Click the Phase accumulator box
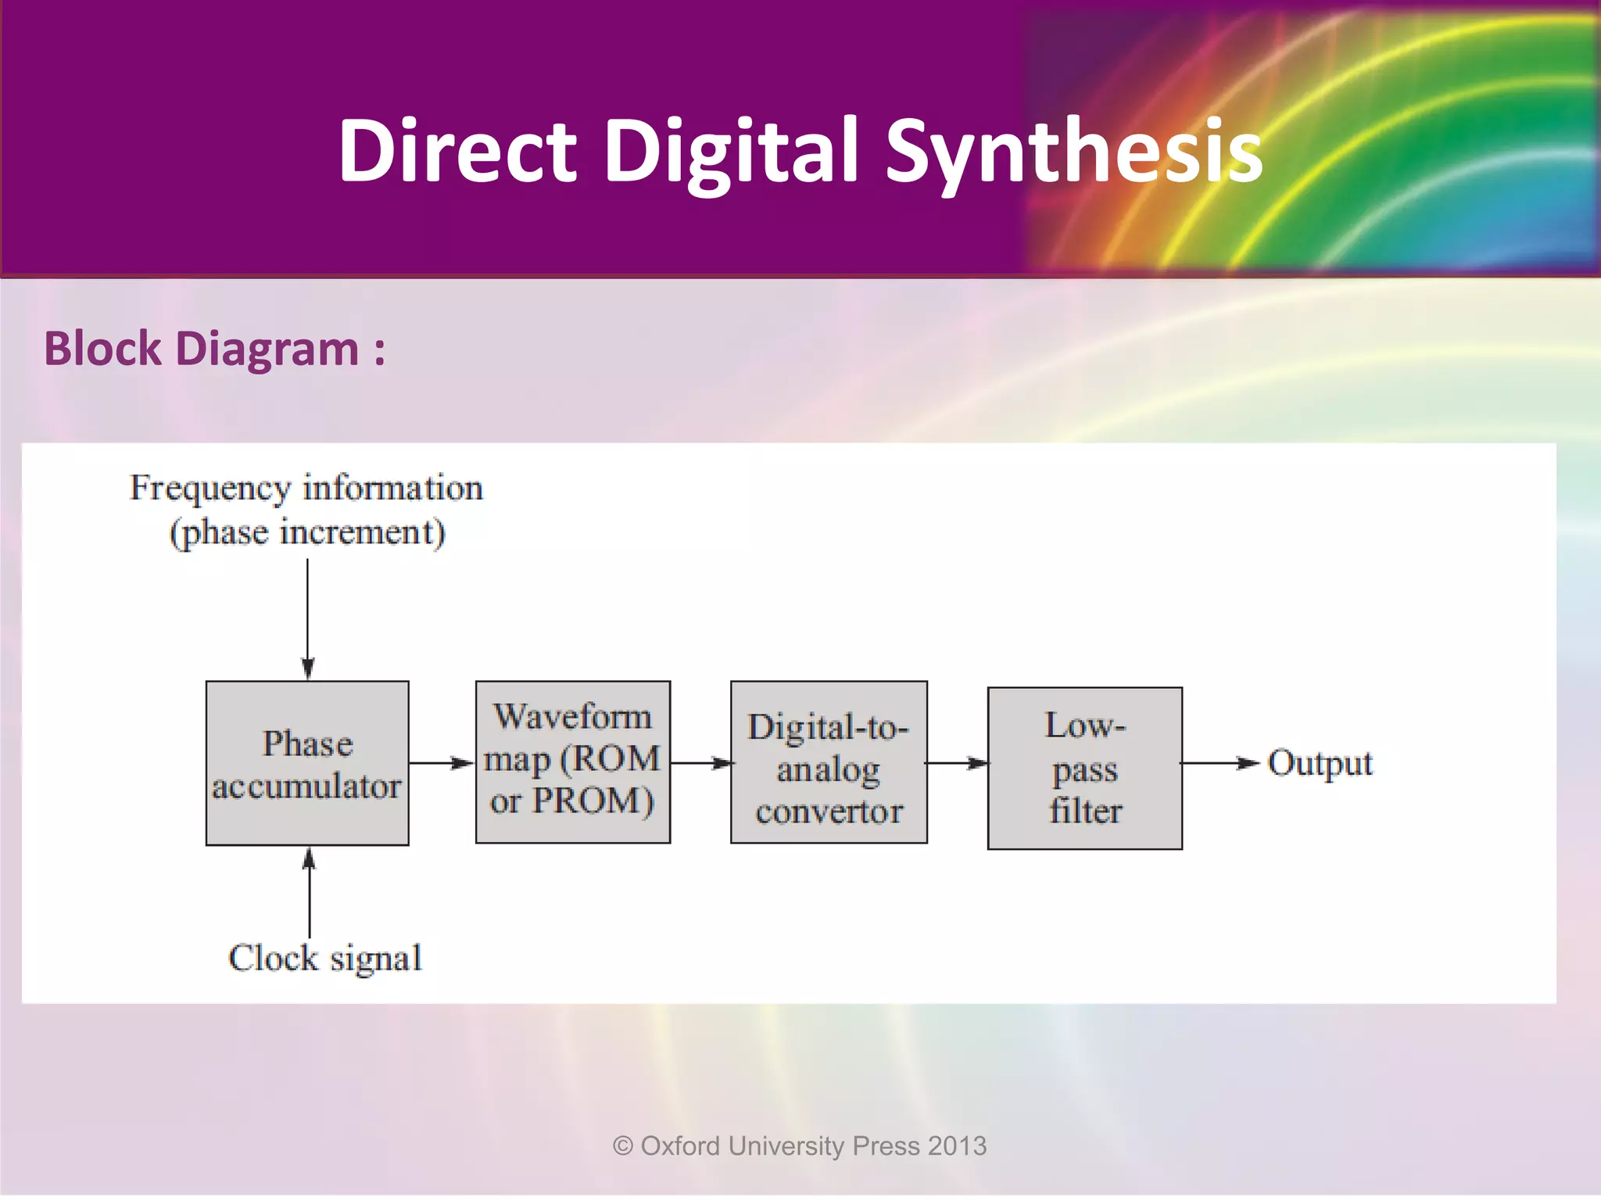click(x=307, y=763)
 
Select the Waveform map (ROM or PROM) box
click(x=573, y=762)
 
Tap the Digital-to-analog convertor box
click(x=829, y=762)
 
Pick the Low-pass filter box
click(x=1084, y=769)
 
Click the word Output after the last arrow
click(x=1320, y=763)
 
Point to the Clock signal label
click(x=325, y=958)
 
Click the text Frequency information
click(x=306, y=488)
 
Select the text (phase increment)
click(x=307, y=533)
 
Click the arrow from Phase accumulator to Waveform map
click(x=442, y=763)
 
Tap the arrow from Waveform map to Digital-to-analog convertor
click(x=700, y=763)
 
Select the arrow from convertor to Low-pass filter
click(x=957, y=763)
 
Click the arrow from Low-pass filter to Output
click(x=1220, y=763)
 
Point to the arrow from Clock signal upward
click(x=309, y=891)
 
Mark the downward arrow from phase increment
click(x=307, y=618)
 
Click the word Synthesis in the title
click(x=1074, y=150)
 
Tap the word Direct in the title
click(x=457, y=150)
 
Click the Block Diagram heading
click(x=214, y=349)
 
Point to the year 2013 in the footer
click(x=958, y=1146)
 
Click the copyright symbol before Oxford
click(x=623, y=1146)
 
